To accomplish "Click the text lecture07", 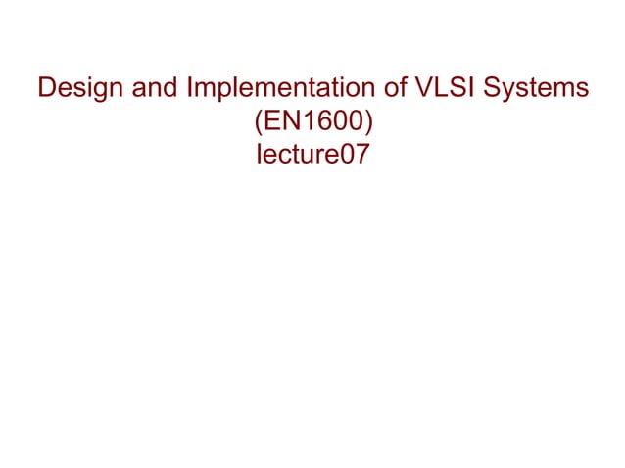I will (312, 154).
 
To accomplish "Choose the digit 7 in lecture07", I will (361, 154).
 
